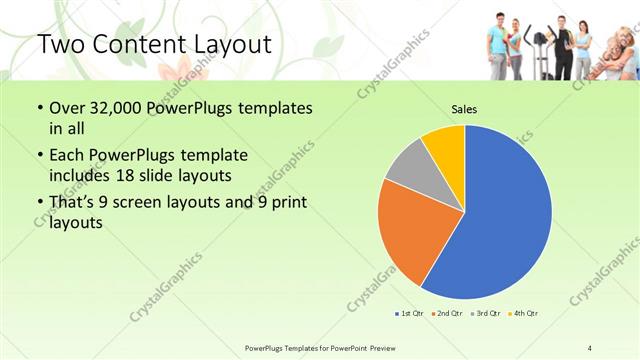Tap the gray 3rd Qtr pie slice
[x=405, y=169]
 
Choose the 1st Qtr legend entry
[x=409, y=313]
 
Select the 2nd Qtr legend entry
[x=446, y=313]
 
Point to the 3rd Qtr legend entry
[x=484, y=313]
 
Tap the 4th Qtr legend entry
[x=522, y=313]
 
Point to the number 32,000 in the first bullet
[x=113, y=108]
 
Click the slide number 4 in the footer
[x=590, y=346]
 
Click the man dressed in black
[x=563, y=45]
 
